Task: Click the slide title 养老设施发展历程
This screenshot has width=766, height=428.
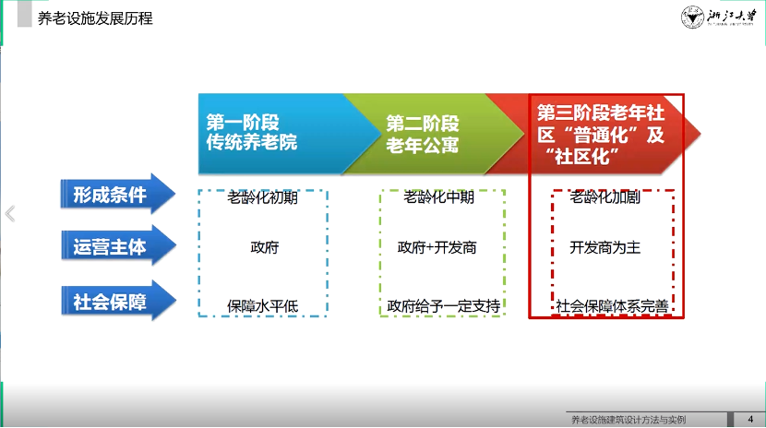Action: (95, 18)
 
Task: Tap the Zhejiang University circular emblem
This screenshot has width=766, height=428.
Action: (692, 18)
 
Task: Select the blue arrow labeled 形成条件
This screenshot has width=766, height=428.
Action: (118, 195)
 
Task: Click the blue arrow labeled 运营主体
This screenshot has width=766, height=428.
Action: (118, 246)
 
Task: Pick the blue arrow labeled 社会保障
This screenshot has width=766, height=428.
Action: (118, 301)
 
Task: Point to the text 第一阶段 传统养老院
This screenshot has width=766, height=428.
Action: (252, 132)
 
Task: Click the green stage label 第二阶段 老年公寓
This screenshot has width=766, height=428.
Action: (423, 134)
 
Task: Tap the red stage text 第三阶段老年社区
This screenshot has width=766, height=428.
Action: (601, 134)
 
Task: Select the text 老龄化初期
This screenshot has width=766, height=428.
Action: (263, 197)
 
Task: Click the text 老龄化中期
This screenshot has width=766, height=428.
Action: (438, 197)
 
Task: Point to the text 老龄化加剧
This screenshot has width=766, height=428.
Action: (604, 197)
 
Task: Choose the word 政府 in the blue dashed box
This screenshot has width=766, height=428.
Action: (264, 247)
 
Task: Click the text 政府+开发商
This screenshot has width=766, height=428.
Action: (437, 247)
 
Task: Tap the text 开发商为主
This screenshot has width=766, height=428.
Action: (604, 247)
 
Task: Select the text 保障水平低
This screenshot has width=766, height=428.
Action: (263, 306)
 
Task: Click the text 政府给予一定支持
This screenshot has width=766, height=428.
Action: (444, 306)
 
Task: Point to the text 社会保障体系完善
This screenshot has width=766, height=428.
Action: (612, 306)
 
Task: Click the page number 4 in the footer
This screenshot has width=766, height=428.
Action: (750, 419)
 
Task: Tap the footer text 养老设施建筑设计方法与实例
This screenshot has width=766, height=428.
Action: (628, 420)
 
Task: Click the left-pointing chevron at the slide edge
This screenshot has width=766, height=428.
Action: (10, 214)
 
